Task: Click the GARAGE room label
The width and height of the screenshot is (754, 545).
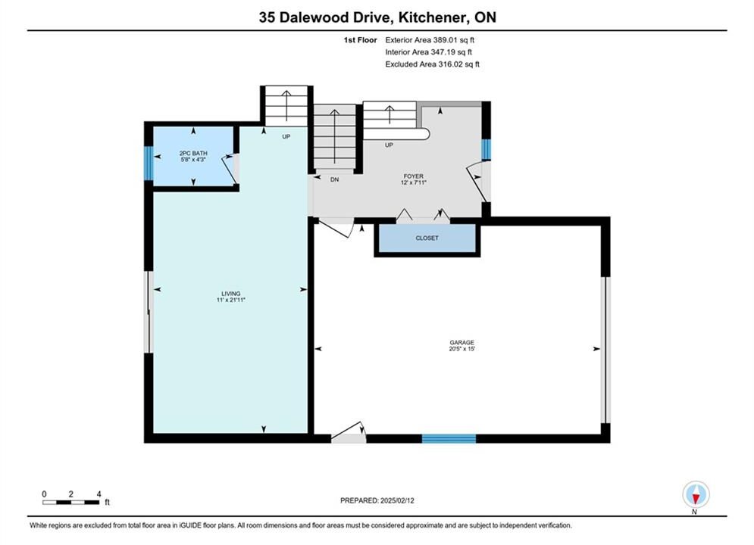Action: (x=462, y=342)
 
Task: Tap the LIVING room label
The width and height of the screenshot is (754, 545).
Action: (x=231, y=294)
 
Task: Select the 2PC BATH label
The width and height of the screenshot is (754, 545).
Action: (x=193, y=153)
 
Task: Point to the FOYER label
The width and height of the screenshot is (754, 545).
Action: (x=414, y=176)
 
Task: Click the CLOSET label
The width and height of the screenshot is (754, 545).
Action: (x=427, y=238)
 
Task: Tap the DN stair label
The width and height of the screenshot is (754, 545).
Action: (x=335, y=179)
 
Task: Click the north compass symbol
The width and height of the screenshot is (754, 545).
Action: (x=696, y=494)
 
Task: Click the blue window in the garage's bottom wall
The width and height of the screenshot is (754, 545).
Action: (x=449, y=438)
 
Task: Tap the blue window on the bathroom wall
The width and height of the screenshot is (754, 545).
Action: (x=149, y=163)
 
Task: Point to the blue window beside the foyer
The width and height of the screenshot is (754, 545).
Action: (x=487, y=149)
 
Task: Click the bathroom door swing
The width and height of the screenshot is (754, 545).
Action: (x=229, y=169)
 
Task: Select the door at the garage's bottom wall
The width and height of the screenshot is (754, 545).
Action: (x=349, y=433)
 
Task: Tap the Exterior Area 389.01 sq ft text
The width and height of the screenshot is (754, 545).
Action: (x=430, y=40)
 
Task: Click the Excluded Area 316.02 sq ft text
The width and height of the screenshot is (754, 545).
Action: (x=432, y=64)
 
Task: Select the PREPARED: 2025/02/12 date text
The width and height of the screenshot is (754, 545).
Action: (x=377, y=500)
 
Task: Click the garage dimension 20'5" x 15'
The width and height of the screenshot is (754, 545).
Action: (x=462, y=349)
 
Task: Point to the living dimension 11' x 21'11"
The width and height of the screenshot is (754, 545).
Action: (x=231, y=300)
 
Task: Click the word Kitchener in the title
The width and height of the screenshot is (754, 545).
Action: (x=432, y=17)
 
